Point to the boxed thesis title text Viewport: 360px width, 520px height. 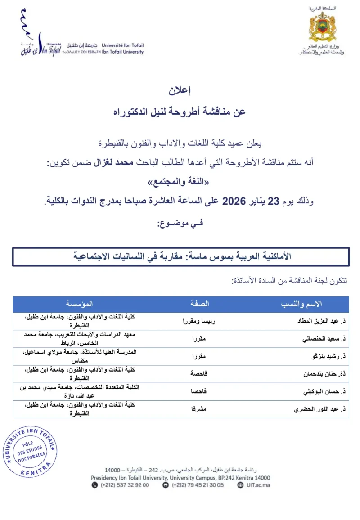(182, 256)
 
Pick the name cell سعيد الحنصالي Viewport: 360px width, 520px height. (324, 339)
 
